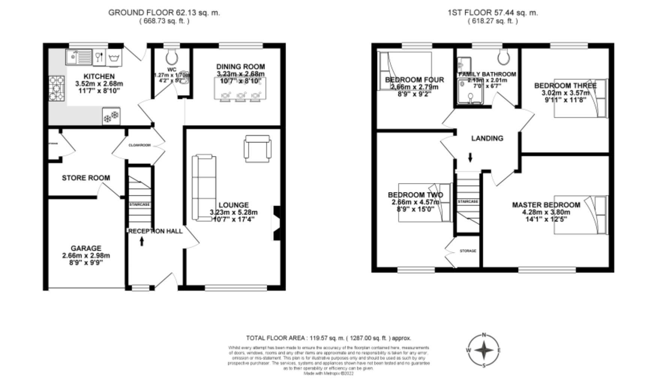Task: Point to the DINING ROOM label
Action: pyautogui.click(x=240, y=67)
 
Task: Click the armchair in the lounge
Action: pyautogui.click(x=257, y=149)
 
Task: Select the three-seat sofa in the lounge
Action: pyautogui.click(x=204, y=187)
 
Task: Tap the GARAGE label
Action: pyautogui.click(x=86, y=248)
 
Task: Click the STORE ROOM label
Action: pyautogui.click(x=86, y=178)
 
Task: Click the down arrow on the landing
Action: pyautogui.click(x=470, y=157)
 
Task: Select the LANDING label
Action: pyautogui.click(x=487, y=138)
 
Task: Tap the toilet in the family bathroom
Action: pyautogui.click(x=503, y=57)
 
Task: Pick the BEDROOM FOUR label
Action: pyautogui.click(x=414, y=80)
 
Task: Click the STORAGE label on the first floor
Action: pyautogui.click(x=468, y=251)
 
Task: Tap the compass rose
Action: pyautogui.click(x=484, y=350)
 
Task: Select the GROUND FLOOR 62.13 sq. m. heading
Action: pyautogui.click(x=164, y=12)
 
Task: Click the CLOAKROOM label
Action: pyautogui.click(x=139, y=145)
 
